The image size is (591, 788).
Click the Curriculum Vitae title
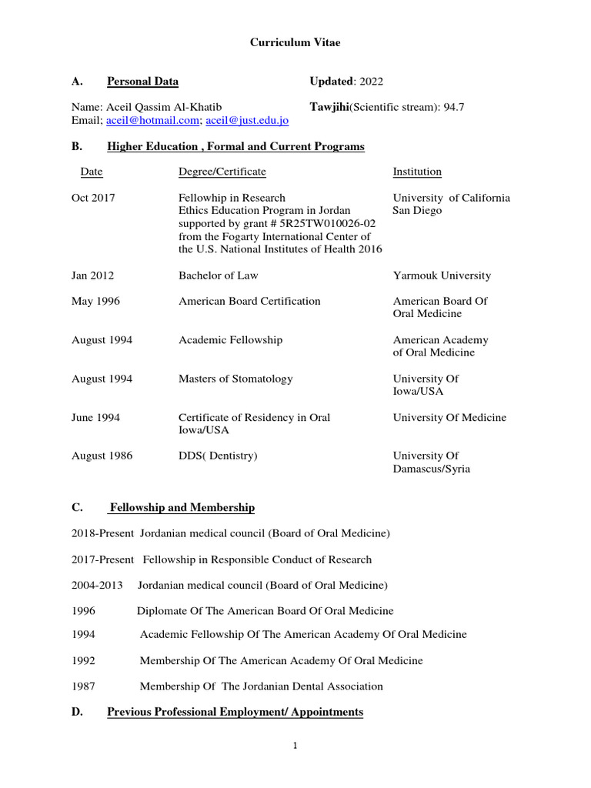pyautogui.click(x=295, y=43)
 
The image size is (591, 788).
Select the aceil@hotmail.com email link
pyautogui.click(x=152, y=121)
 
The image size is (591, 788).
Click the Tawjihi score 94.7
pyautogui.click(x=455, y=107)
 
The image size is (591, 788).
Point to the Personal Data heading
pyautogui.click(x=142, y=82)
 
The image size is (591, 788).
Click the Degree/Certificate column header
pyautogui.click(x=222, y=172)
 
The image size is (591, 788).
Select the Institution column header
pyautogui.click(x=417, y=172)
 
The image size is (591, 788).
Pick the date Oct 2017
pyautogui.click(x=93, y=198)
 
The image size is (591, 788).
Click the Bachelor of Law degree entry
pyautogui.click(x=219, y=275)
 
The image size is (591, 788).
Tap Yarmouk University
pyautogui.click(x=442, y=275)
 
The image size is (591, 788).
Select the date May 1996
pyautogui.click(x=95, y=301)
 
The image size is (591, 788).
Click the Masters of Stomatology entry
pyautogui.click(x=235, y=379)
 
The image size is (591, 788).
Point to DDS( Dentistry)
pyautogui.click(x=218, y=456)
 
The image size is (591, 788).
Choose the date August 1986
pyautogui.click(x=102, y=456)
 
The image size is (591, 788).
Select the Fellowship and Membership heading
pyautogui.click(x=182, y=508)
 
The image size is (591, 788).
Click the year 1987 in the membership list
pyautogui.click(x=83, y=686)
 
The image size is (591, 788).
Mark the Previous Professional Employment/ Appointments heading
pyautogui.click(x=235, y=713)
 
